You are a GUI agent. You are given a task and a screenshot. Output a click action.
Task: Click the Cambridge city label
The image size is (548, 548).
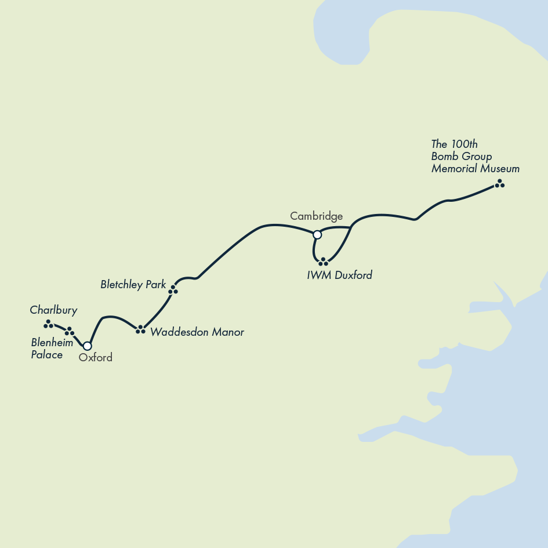pos(316,216)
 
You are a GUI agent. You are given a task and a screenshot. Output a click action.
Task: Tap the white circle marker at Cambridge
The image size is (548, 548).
pos(317,235)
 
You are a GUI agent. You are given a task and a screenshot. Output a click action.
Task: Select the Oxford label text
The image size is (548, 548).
pos(96,358)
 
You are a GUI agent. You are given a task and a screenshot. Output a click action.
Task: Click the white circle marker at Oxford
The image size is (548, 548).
pos(88,346)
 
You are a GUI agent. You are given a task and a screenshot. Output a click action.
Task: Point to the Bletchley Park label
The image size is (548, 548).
pos(133,285)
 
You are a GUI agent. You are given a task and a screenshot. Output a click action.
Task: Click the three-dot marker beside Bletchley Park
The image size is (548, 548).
pos(173,290)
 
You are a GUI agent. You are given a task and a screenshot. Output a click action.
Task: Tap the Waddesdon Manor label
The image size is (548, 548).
pos(197,332)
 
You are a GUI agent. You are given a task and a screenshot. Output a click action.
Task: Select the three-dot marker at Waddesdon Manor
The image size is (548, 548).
pos(140,329)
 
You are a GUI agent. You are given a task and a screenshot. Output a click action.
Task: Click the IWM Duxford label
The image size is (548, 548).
pos(339,275)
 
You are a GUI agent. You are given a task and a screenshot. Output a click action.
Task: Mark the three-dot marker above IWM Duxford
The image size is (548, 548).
pos(323,262)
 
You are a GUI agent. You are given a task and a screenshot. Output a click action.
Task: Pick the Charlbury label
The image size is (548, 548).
pos(53,310)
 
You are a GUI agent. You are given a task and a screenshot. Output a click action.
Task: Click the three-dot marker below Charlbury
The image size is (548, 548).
pos(48,324)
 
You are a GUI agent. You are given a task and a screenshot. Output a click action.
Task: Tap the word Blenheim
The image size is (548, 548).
pos(52,343)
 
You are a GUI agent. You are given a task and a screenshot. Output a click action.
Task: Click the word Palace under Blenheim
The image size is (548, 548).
pos(47,355)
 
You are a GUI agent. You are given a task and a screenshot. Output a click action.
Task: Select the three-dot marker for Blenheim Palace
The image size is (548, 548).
pos(70,332)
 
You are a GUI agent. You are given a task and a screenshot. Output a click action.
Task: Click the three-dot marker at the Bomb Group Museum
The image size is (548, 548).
pos(499,184)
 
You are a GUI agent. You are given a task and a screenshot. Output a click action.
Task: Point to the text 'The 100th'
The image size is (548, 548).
pos(455,144)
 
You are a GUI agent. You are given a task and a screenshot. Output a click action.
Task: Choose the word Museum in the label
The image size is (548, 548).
pos(499,169)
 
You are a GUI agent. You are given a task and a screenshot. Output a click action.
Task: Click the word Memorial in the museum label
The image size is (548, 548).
pos(453,169)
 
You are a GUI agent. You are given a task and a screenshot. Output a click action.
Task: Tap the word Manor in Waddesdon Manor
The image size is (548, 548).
pos(228,332)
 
